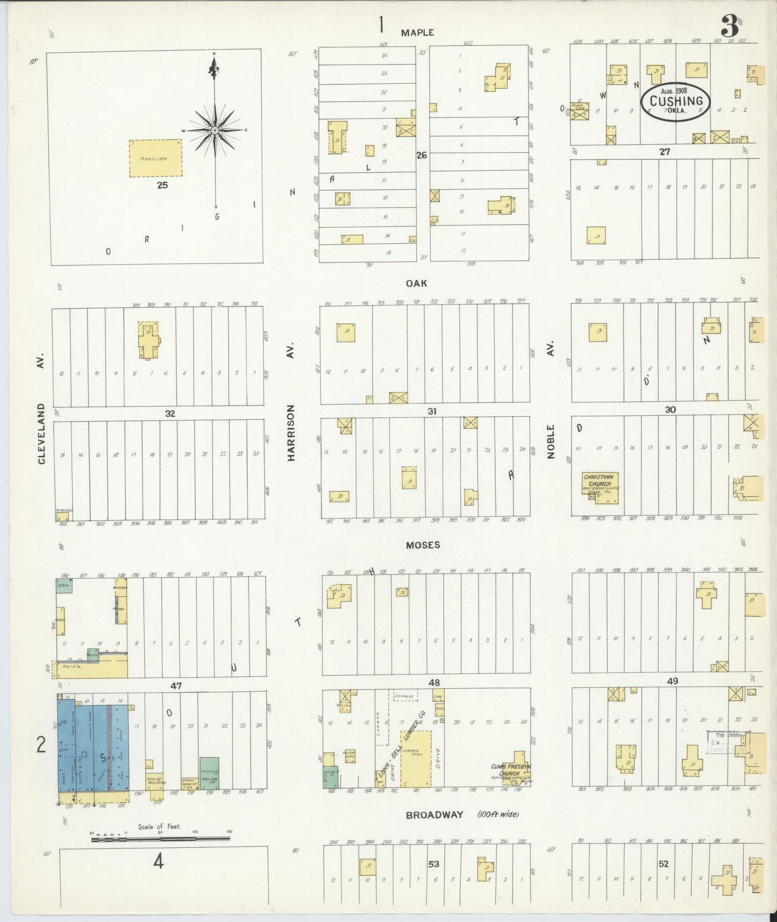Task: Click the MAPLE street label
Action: point(417,33)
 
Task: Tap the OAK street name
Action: point(416,283)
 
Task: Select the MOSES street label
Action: point(423,545)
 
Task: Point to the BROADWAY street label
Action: point(434,815)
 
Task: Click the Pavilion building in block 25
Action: point(155,159)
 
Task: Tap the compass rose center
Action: point(215,130)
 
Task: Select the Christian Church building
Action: point(600,487)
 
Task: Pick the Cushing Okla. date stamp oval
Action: point(675,101)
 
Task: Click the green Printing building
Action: point(209,773)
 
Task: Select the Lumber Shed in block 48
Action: point(416,758)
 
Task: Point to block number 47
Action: point(176,686)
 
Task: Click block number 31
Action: point(432,412)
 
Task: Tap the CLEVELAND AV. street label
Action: point(42,409)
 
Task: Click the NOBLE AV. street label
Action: point(551,401)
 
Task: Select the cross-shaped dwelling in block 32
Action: point(148,340)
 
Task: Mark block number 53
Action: point(433,864)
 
